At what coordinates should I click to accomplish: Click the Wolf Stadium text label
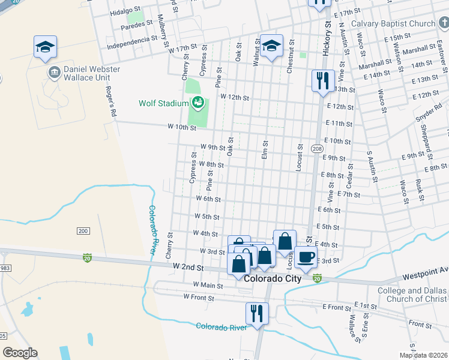click(x=164, y=103)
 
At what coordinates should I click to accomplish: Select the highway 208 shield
click(x=317, y=148)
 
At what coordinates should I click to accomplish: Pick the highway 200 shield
click(x=83, y=231)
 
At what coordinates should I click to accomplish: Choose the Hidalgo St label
click(x=125, y=12)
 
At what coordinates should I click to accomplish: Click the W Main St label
click(x=208, y=286)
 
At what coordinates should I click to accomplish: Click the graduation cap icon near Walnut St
click(x=271, y=46)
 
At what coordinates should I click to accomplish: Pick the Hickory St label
click(x=327, y=39)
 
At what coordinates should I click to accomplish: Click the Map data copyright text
click(x=423, y=355)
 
